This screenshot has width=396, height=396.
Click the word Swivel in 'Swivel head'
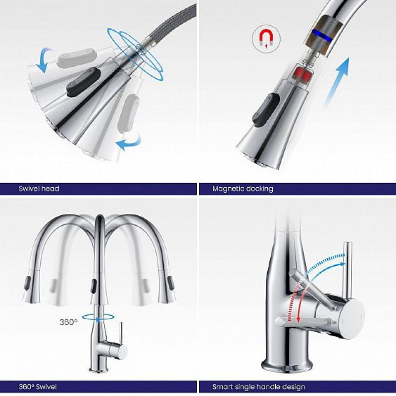click(27, 189)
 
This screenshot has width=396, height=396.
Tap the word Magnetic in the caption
click(229, 189)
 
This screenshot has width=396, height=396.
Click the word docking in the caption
click(260, 189)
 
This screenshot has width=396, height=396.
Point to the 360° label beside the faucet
click(68, 322)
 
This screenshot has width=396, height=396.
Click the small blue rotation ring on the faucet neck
click(98, 317)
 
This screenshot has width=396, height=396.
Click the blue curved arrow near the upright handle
click(326, 268)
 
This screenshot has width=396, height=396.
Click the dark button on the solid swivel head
click(83, 81)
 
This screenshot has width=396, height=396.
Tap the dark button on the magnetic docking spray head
click(266, 109)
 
